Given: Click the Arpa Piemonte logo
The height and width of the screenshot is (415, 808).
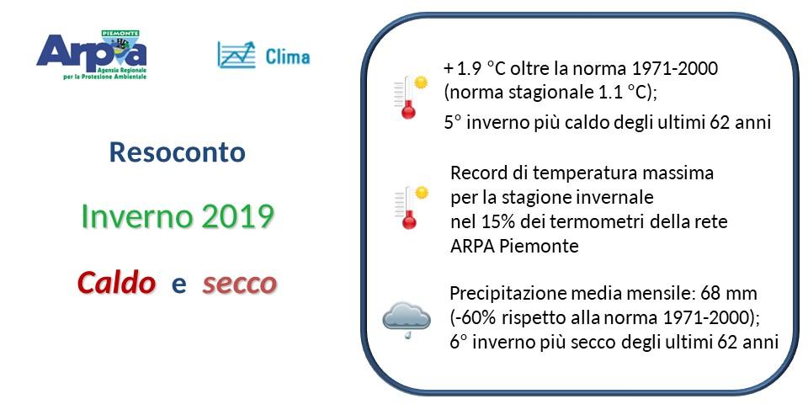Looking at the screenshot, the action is click(x=92, y=56).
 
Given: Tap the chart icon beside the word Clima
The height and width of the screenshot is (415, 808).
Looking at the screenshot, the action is click(x=237, y=56).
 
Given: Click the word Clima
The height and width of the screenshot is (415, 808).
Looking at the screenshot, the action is click(x=288, y=56).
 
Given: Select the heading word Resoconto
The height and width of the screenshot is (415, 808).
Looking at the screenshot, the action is click(x=178, y=152).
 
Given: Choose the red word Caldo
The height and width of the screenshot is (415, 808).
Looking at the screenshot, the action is click(x=116, y=283).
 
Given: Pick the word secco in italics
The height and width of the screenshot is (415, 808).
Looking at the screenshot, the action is click(x=240, y=284).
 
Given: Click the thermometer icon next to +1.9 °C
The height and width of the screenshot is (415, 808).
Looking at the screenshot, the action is click(x=411, y=97).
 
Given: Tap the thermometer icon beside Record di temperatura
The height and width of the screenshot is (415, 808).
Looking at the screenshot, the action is click(x=412, y=207).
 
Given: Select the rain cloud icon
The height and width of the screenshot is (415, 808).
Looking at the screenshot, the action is click(x=407, y=320).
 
